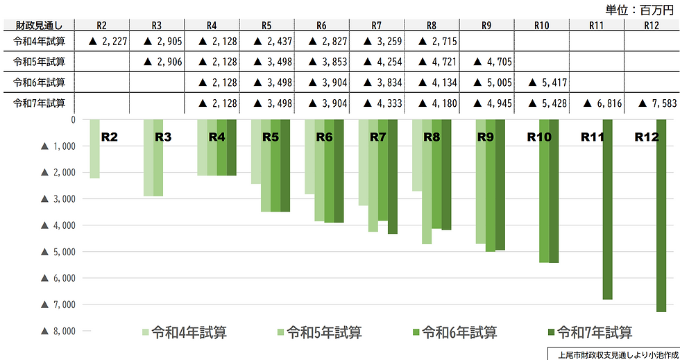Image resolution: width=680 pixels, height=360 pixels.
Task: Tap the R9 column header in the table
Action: [x=486, y=25]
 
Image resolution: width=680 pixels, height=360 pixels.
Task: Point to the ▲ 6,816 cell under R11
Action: [x=596, y=104]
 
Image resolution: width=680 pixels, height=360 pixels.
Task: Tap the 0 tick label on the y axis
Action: [x=71, y=119]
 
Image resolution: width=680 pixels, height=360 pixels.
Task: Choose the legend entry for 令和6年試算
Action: [x=454, y=332]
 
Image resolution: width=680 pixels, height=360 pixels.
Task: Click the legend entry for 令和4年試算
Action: [x=185, y=332]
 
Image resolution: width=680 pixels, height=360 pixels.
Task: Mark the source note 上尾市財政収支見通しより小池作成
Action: [x=613, y=354]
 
